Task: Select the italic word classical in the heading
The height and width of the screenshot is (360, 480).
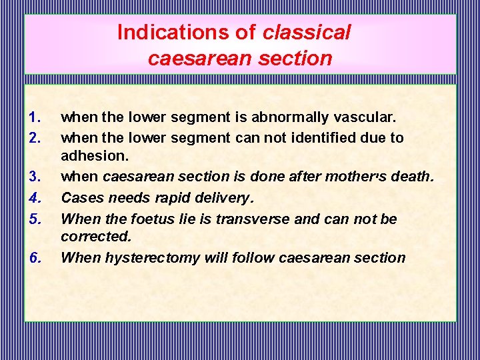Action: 307,32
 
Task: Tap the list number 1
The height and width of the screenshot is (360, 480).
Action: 35,118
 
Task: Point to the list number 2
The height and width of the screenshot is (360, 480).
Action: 35,138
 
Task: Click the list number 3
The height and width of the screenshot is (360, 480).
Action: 35,177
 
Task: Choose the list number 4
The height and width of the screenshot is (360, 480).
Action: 35,197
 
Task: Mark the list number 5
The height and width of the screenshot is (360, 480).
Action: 35,218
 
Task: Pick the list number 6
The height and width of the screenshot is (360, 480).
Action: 35,258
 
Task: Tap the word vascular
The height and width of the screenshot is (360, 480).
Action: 363,118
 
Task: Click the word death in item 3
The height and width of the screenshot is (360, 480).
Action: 413,177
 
